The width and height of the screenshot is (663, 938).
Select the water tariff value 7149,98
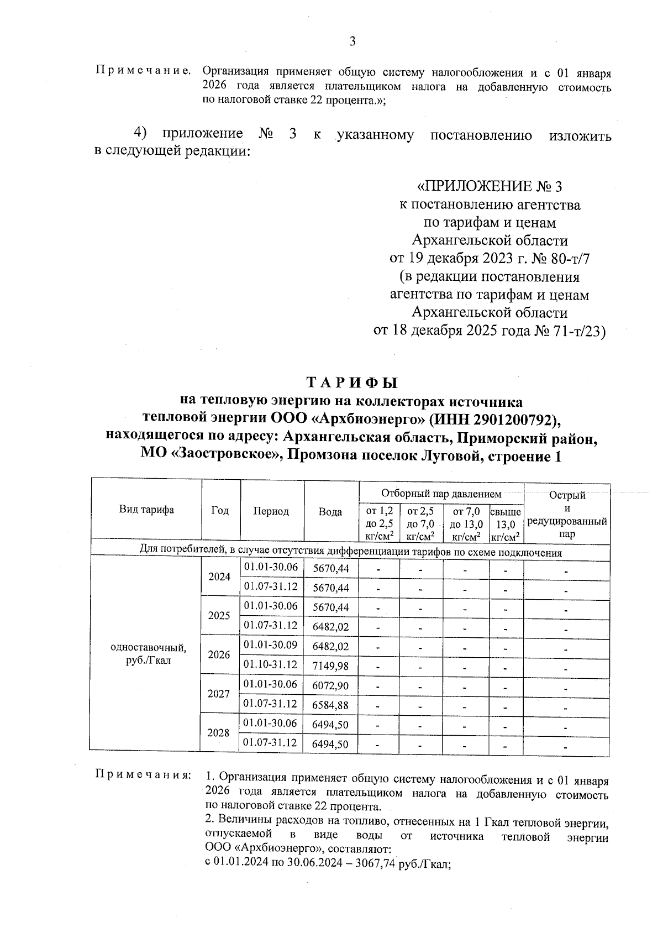[x=330, y=666]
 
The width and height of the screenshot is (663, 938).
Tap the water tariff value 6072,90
[x=330, y=686]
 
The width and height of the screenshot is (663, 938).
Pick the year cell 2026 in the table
[x=219, y=655]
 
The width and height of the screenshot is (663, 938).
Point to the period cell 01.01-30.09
[x=271, y=645]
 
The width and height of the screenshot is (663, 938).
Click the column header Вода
[x=330, y=512]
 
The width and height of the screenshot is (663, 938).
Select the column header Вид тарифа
[x=146, y=510]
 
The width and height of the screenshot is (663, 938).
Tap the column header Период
[x=271, y=511]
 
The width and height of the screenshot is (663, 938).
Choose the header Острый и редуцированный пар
[x=567, y=515]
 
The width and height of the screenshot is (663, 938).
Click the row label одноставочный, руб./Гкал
[x=149, y=654]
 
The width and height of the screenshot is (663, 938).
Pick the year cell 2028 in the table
[x=219, y=733]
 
